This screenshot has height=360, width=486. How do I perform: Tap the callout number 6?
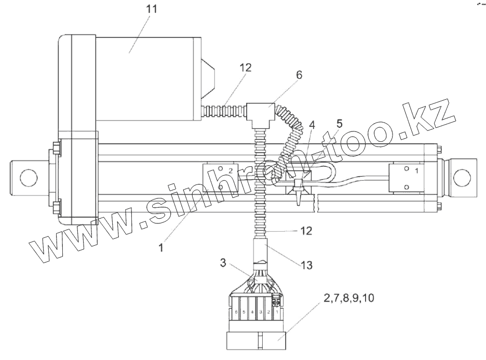[299, 75]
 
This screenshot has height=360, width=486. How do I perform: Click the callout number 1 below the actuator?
[161, 248]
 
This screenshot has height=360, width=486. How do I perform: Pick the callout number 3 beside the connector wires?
[223, 263]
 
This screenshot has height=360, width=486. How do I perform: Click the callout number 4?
[312, 124]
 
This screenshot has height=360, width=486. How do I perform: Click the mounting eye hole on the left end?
[28, 177]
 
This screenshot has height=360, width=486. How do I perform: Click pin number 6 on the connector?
[236, 312]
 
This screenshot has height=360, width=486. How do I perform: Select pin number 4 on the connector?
[252, 312]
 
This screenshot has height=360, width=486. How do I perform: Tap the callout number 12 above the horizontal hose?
[246, 68]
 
